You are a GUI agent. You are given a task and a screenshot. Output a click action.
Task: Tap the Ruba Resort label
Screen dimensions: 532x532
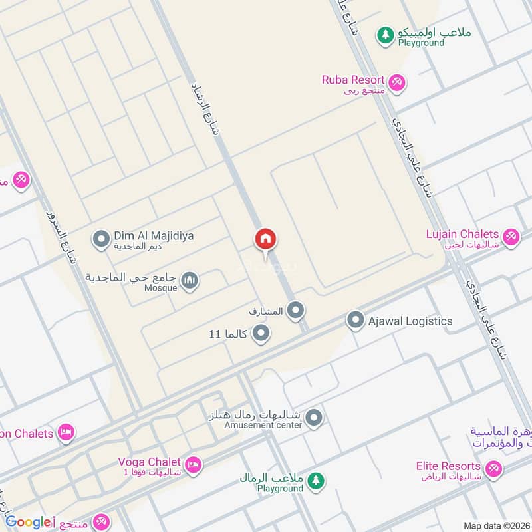pyautogui.click(x=352, y=80)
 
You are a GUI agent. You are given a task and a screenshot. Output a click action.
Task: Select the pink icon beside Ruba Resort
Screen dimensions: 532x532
pyautogui.click(x=398, y=82)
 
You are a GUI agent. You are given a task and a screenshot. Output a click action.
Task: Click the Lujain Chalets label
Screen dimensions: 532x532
pyautogui.click(x=462, y=234)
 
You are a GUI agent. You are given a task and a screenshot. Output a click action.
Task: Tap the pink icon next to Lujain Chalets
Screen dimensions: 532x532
pyautogui.click(x=511, y=236)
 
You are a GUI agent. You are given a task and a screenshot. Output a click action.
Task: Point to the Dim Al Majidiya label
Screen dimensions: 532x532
pyautogui.click(x=154, y=236)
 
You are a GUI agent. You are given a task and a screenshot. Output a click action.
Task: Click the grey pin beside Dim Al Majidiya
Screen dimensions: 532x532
pyautogui.click(x=101, y=238)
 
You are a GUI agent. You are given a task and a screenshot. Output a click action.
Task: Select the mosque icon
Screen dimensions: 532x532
pyautogui.click(x=190, y=281)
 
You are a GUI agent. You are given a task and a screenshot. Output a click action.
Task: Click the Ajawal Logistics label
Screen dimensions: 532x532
pyautogui.click(x=410, y=321)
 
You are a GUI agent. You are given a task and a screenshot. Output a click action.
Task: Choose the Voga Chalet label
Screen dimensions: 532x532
pyautogui.click(x=149, y=462)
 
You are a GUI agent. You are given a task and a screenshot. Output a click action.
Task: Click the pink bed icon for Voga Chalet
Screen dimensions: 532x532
pyautogui.click(x=193, y=464)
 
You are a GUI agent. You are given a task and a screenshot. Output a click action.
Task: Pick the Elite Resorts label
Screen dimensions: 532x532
pyautogui.click(x=448, y=466)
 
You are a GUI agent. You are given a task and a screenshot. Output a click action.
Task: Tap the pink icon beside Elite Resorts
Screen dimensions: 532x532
pyautogui.click(x=493, y=469)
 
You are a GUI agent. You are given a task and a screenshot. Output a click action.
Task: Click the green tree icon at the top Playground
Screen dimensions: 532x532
pyautogui.click(x=385, y=35)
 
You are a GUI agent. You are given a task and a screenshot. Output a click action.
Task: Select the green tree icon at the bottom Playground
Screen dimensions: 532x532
pyautogui.click(x=316, y=479)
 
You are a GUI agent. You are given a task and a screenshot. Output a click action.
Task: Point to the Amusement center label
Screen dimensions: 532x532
pyautogui.click(x=263, y=425)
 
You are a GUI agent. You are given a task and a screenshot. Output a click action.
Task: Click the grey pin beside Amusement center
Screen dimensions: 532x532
pyautogui.click(x=315, y=418)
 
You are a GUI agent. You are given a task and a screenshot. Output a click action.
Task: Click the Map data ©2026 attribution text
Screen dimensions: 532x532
pyautogui.click(x=495, y=525)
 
